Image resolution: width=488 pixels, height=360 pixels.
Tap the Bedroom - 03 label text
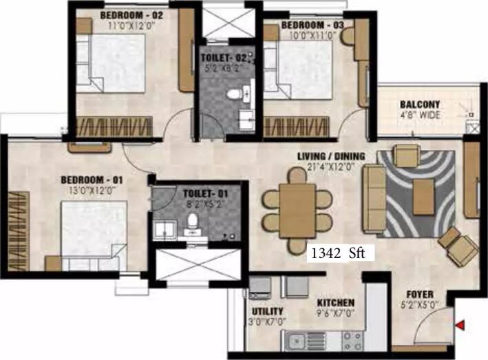coord(312,25)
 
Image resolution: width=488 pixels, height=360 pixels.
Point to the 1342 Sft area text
coord(340,253)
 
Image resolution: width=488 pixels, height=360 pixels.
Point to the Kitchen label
coord(336,303)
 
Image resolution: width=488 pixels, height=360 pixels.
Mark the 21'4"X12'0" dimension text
coord(332,167)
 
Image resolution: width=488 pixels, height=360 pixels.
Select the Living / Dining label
coord(331,156)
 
